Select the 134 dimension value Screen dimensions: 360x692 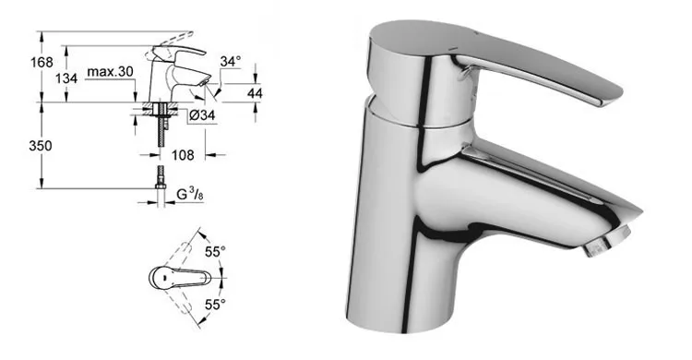click(66, 79)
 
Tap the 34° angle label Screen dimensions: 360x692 click(232, 62)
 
